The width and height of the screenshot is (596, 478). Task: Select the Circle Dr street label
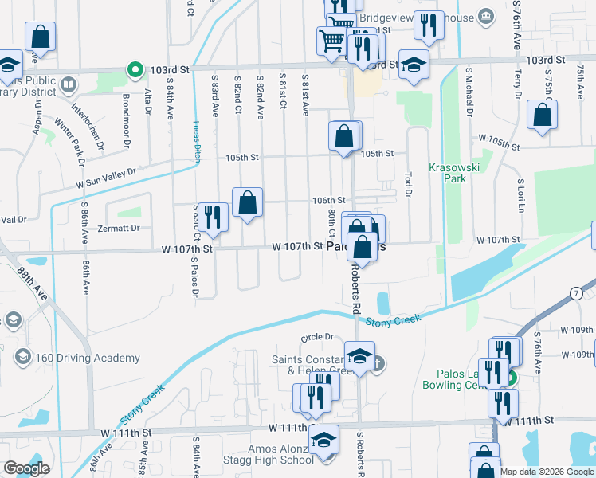316,338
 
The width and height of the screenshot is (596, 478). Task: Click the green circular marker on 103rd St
135,70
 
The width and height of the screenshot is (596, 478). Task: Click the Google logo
26,468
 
